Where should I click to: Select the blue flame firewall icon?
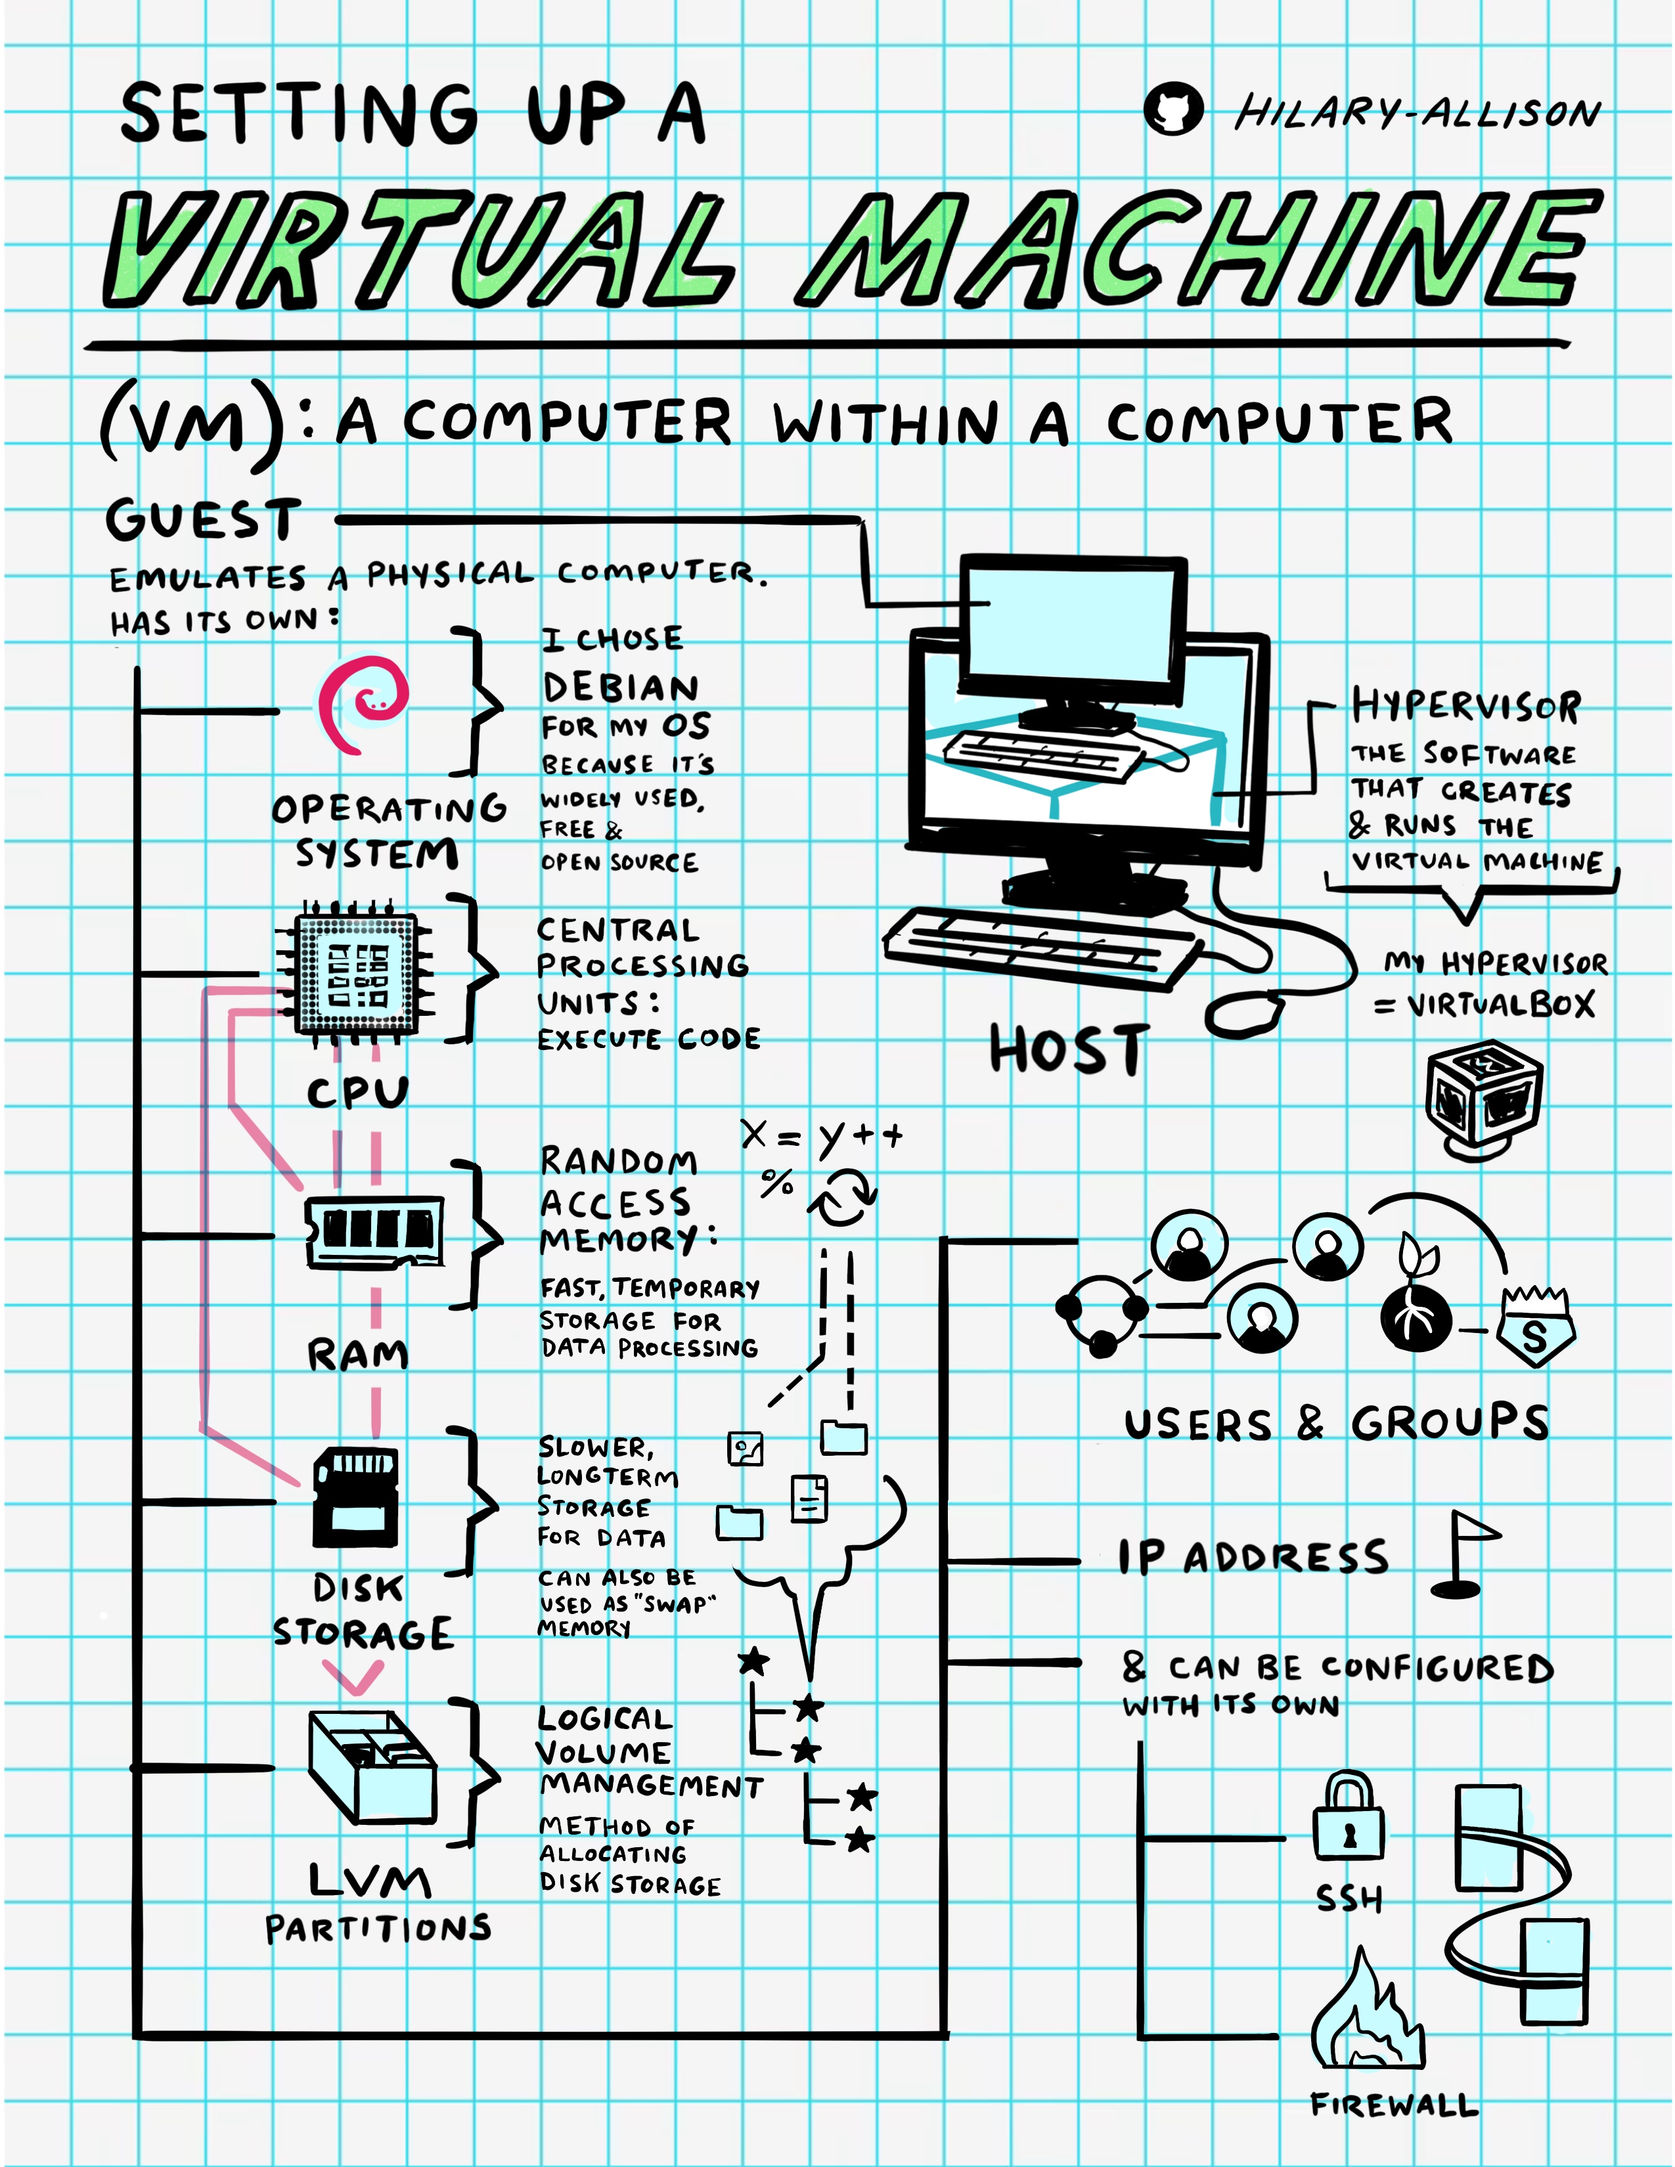point(1368,2014)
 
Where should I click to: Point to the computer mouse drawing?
point(1244,1014)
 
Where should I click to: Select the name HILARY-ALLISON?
point(1417,113)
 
